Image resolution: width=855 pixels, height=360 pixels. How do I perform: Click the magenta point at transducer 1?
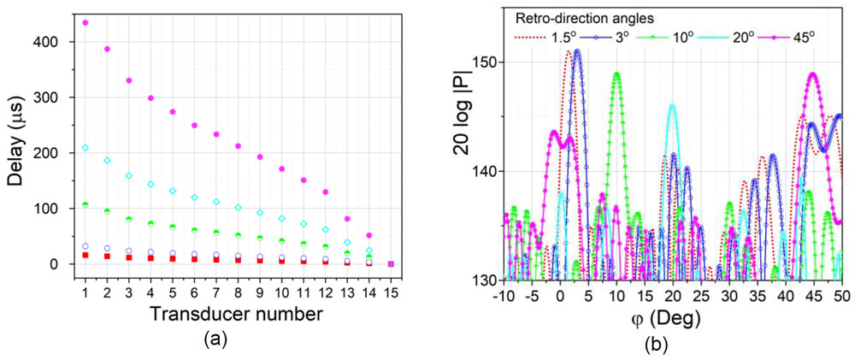(85, 22)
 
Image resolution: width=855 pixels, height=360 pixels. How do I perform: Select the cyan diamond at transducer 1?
(85, 148)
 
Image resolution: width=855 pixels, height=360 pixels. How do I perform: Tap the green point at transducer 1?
(85, 204)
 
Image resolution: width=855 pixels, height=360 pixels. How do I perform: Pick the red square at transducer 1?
(85, 255)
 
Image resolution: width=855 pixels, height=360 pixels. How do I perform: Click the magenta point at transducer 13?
(347, 219)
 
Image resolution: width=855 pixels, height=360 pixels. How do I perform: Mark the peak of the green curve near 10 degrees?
(616, 74)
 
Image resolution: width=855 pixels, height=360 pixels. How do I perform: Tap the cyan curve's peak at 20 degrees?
(672, 106)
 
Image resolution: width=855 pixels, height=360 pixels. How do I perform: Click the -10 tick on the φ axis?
(505, 296)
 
